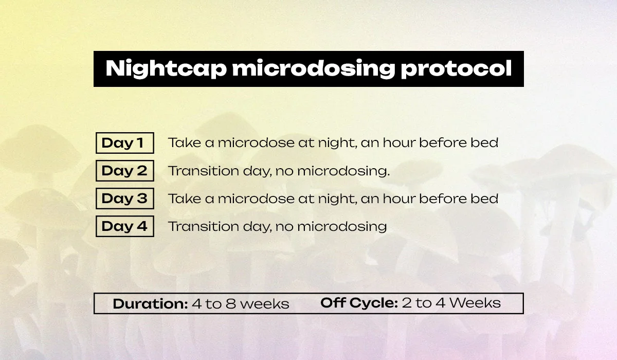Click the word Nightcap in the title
166,68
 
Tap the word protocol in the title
457,68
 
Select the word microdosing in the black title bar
314,68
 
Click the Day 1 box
125,143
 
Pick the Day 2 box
125,171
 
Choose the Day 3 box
125,199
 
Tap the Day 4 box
125,226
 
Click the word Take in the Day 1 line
185,142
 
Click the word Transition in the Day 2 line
204,171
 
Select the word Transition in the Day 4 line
204,226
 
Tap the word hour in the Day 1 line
399,142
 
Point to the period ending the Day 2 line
388,175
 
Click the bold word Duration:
150,303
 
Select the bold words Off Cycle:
359,303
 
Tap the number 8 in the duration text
231,304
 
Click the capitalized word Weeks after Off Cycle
475,303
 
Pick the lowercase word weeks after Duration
265,304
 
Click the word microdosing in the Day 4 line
342,227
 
